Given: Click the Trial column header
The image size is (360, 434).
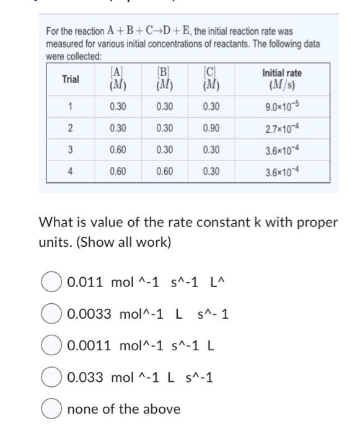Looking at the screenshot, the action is click(x=70, y=79).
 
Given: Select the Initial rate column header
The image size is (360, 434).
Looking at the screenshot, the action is click(x=282, y=79).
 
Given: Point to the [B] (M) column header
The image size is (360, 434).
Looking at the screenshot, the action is click(x=164, y=79).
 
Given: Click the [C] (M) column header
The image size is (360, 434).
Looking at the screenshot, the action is click(x=211, y=79).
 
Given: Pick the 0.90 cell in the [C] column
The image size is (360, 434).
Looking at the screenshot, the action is click(x=211, y=128).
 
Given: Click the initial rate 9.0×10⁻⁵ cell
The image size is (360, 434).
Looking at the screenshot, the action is click(x=282, y=107).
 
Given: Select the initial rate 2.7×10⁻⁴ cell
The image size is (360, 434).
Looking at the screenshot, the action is click(x=282, y=128).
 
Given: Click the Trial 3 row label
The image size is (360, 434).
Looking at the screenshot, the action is click(x=70, y=150).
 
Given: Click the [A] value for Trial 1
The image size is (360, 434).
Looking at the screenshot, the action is click(x=118, y=107).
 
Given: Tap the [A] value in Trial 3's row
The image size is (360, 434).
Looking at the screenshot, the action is click(x=118, y=150).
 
